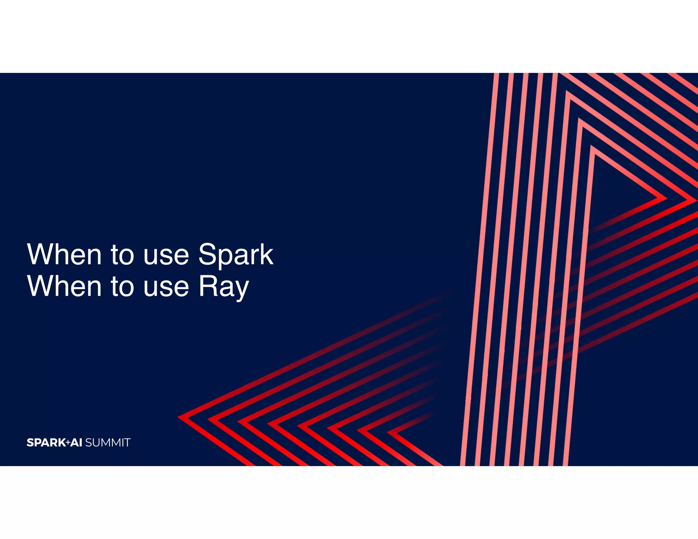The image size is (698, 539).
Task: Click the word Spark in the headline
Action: [236, 255]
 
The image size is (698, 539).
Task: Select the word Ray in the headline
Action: [224, 287]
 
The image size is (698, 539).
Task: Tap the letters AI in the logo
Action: [76, 443]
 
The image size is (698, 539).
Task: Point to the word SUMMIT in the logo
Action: [108, 443]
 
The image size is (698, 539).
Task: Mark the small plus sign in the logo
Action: [68, 443]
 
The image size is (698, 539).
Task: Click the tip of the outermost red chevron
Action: [179, 417]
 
